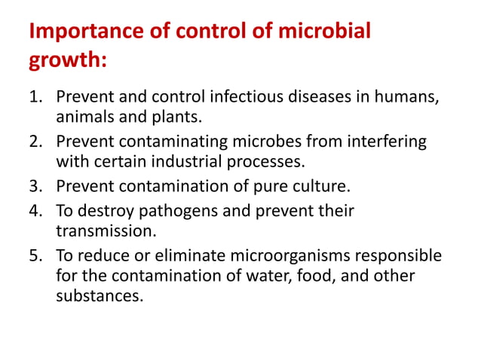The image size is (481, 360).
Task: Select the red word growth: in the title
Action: [67, 59]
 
